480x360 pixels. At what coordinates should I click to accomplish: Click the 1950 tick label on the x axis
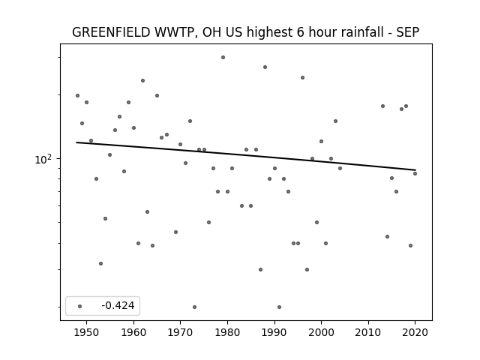pos(87,332)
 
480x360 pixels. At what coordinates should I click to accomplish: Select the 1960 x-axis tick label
pos(133,332)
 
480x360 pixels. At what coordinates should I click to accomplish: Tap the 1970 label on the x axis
pos(180,332)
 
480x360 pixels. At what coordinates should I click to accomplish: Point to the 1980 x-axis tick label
pos(227,332)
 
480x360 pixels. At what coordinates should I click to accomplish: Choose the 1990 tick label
pos(274,332)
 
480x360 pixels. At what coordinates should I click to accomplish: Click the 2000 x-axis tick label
pos(321,332)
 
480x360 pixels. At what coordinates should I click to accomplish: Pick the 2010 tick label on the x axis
pos(368,332)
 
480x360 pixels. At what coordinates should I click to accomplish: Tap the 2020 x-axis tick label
pos(415,332)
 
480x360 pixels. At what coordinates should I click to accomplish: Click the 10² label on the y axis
pos(43,159)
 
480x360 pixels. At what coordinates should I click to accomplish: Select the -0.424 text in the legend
pos(118,305)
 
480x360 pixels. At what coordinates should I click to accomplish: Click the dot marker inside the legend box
pos(80,306)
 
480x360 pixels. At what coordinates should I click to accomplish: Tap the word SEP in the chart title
pos(408,32)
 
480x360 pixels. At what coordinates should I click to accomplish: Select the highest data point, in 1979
pos(223,57)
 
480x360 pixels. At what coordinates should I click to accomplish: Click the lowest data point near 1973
pos(195,307)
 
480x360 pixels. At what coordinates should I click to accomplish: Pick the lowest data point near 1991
pos(279,307)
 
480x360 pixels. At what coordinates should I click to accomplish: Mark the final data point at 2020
pos(415,173)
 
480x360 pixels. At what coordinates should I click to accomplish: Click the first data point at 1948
pos(77,95)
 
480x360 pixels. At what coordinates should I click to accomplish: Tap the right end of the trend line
pos(415,170)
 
